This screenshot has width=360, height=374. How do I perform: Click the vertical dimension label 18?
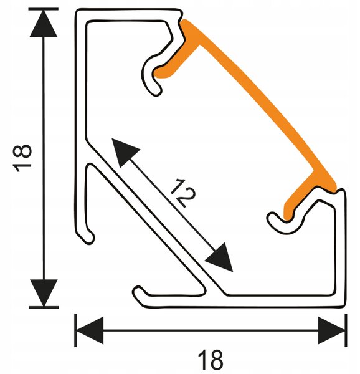point(22,158)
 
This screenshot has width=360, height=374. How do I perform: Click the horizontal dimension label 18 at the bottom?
point(210,360)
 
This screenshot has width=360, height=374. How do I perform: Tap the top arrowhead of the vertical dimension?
point(44,23)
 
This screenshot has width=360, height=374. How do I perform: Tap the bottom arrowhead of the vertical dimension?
point(44,293)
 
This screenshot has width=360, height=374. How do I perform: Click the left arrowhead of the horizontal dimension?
point(89,330)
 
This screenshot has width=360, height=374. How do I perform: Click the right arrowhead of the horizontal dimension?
point(331,330)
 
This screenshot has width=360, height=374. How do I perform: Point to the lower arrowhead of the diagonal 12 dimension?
point(220,258)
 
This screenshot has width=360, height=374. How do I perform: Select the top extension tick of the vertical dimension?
point(44,9)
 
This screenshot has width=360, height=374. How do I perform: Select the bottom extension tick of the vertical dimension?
point(44,307)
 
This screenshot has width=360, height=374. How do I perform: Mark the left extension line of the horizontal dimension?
point(75,330)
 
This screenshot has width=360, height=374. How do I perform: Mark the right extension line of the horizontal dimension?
point(346,330)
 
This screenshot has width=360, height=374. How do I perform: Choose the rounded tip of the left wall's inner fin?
point(89,237)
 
